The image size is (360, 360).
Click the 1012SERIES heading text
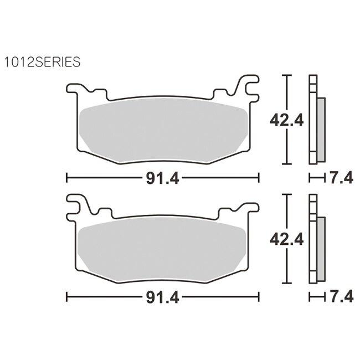pos(43,62)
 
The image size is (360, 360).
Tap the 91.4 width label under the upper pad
pos(162,178)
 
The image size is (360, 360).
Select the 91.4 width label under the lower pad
pos(162,297)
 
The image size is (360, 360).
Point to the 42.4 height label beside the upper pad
pos(286,120)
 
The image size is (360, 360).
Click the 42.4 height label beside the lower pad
pos(286,239)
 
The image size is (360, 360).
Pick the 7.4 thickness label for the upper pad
pos(341,178)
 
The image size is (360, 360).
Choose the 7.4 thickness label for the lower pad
pos(341,297)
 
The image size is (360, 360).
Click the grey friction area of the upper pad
pos(163,131)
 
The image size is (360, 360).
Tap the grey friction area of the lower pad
pos(162,250)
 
